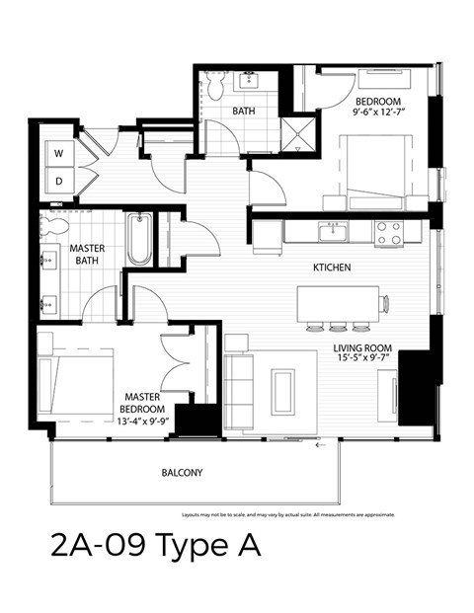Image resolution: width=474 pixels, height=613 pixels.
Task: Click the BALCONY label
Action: click(x=182, y=473)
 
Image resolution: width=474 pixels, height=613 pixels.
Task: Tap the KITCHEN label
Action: click(x=333, y=268)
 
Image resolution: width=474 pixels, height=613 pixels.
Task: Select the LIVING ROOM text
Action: click(x=363, y=348)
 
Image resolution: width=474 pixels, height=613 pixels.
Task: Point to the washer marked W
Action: click(x=58, y=153)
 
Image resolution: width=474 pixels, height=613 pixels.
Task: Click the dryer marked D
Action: click(x=58, y=181)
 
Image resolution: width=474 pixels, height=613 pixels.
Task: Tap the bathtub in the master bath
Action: click(x=139, y=240)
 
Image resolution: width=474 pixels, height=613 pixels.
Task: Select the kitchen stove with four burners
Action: click(x=388, y=233)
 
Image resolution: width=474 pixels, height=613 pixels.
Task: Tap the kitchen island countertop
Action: click(x=337, y=301)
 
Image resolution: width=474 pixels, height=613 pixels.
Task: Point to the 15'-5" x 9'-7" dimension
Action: click(x=363, y=361)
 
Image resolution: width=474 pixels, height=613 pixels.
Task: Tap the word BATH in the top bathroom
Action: click(x=244, y=111)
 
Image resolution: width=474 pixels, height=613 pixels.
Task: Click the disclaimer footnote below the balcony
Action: click(x=288, y=514)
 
